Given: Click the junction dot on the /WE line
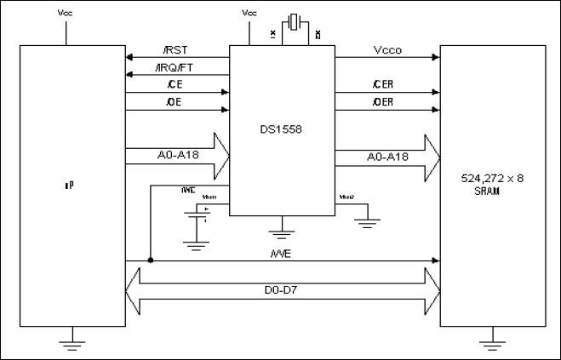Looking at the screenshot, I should (150, 260).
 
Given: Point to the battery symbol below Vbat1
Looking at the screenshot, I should (197, 219).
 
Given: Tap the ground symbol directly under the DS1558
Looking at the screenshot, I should (282, 229).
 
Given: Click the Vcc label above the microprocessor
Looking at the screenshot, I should (65, 14).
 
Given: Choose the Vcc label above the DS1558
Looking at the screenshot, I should (249, 14).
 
